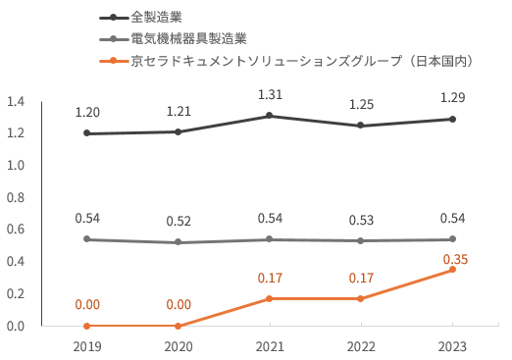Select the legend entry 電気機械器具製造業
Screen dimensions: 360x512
coord(188,39)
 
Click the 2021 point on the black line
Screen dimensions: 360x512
coord(271,116)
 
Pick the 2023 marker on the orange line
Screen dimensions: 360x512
coord(452,270)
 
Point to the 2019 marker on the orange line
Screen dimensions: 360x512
coord(87,326)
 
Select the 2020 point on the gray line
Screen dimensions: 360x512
coord(179,242)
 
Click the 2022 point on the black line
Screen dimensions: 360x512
coord(361,126)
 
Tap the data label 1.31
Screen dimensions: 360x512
coord(270,95)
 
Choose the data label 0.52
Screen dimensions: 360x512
coord(179,221)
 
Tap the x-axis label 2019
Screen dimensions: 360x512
coord(87,346)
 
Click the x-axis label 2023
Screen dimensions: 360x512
coord(452,346)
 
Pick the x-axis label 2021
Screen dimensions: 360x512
coord(270,346)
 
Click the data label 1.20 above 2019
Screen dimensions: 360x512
coord(87,113)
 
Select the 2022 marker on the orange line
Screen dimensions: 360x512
coord(361,298)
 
